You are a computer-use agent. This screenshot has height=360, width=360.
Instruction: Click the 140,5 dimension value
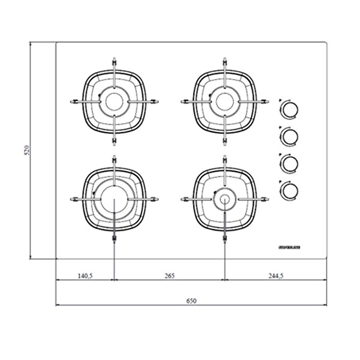click(x=85, y=276)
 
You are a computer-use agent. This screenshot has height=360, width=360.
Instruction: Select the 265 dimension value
click(x=169, y=276)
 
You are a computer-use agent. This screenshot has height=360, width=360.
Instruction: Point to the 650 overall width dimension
click(x=191, y=300)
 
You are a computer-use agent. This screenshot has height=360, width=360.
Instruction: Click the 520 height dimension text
click(x=26, y=150)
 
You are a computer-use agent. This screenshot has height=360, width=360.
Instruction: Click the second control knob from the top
click(x=290, y=136)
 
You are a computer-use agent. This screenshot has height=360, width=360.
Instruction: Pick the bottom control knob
click(x=290, y=190)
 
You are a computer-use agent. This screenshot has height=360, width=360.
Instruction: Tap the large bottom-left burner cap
click(x=113, y=199)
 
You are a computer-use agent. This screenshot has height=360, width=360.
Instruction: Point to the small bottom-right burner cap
click(x=223, y=199)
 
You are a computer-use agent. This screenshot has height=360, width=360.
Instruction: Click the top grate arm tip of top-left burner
click(x=113, y=61)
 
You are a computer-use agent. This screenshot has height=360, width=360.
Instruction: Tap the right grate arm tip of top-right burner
click(x=263, y=101)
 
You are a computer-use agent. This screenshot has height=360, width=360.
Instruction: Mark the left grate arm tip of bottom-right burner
click(x=183, y=199)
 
